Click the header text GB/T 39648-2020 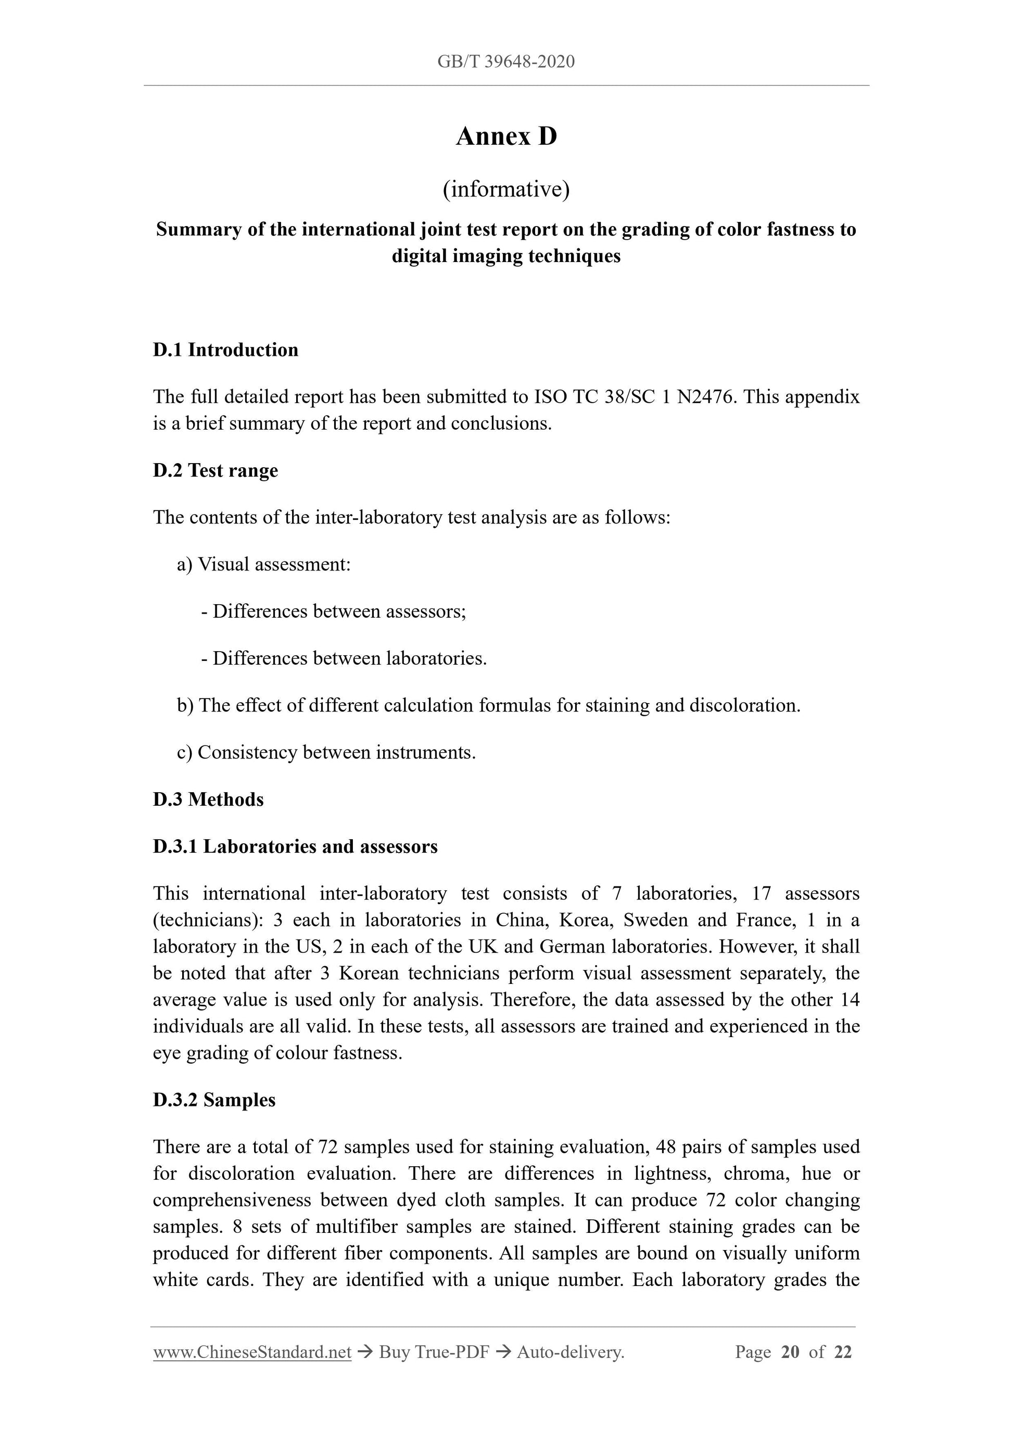(505, 62)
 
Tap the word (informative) (506, 189)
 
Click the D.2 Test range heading (216, 470)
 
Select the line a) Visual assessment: (263, 565)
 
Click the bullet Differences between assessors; (334, 612)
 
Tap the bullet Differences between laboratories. (344, 658)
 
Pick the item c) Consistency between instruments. (326, 753)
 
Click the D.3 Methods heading (208, 800)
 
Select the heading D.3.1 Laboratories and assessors (295, 847)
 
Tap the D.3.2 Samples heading (214, 1101)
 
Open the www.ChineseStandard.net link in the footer (252, 1353)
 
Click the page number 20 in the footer (790, 1353)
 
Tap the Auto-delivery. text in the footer (571, 1353)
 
